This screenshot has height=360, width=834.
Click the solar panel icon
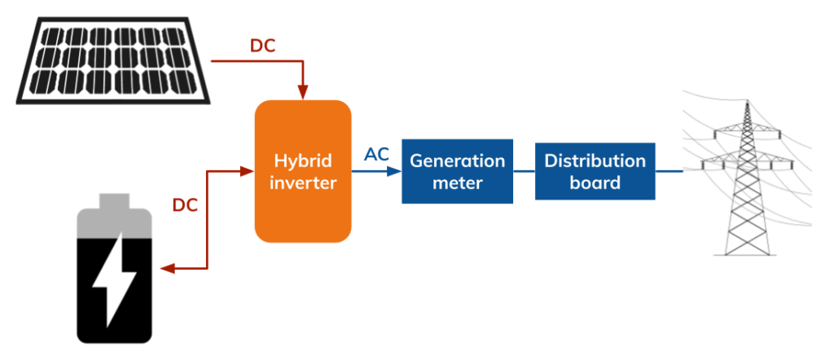113,60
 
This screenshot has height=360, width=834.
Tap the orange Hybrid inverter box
303,171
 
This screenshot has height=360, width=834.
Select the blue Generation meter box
458,171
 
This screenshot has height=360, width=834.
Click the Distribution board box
595,171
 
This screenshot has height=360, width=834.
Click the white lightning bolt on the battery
114,279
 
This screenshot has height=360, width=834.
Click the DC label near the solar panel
263,46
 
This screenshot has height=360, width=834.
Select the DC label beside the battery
185,205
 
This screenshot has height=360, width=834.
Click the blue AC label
376,154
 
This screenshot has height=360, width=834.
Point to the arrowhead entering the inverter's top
303,93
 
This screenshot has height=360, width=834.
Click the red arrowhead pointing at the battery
168,269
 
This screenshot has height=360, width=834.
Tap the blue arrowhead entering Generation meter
394,171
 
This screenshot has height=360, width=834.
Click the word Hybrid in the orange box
303,160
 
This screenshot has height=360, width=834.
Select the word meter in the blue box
458,183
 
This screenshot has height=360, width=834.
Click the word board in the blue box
595,182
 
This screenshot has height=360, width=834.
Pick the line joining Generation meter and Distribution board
524,171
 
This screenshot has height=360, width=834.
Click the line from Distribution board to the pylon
669,171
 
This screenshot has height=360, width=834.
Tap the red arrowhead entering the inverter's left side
248,171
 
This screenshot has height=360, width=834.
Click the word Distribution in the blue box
595,160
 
